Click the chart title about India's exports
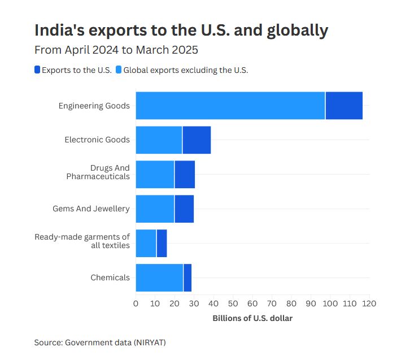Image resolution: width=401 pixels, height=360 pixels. click(x=181, y=31)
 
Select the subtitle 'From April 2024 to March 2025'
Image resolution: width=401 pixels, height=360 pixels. click(x=116, y=50)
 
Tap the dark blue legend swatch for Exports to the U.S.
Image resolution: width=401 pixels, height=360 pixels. click(x=37, y=70)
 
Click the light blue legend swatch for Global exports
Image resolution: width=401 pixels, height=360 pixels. click(x=119, y=70)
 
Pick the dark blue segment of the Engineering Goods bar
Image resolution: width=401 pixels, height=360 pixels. click(x=344, y=105)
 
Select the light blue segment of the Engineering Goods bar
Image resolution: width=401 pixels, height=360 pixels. click(x=230, y=105)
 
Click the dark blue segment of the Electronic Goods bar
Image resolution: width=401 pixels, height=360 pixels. click(x=197, y=140)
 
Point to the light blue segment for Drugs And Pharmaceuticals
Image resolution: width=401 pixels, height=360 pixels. click(x=155, y=174)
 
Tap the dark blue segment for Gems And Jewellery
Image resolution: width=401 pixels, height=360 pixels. click(x=184, y=209)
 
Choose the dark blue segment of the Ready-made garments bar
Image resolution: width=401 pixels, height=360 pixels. click(x=162, y=243)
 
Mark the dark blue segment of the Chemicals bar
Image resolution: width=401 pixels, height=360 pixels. click(x=188, y=277)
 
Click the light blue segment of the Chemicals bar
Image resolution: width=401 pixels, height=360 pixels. click(x=159, y=277)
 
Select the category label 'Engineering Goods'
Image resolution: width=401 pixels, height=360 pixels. click(x=94, y=106)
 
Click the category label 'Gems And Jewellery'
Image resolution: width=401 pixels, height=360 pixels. click(x=91, y=209)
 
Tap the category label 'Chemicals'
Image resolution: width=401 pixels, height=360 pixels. click(x=110, y=277)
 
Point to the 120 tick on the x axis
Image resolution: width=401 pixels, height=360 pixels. click(x=369, y=303)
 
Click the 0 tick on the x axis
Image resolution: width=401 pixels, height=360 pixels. click(x=136, y=303)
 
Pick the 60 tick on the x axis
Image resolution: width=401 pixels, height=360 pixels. click(x=252, y=303)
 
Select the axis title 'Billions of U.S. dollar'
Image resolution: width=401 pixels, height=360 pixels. click(x=252, y=318)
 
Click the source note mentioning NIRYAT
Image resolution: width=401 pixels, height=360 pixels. click(x=101, y=342)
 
